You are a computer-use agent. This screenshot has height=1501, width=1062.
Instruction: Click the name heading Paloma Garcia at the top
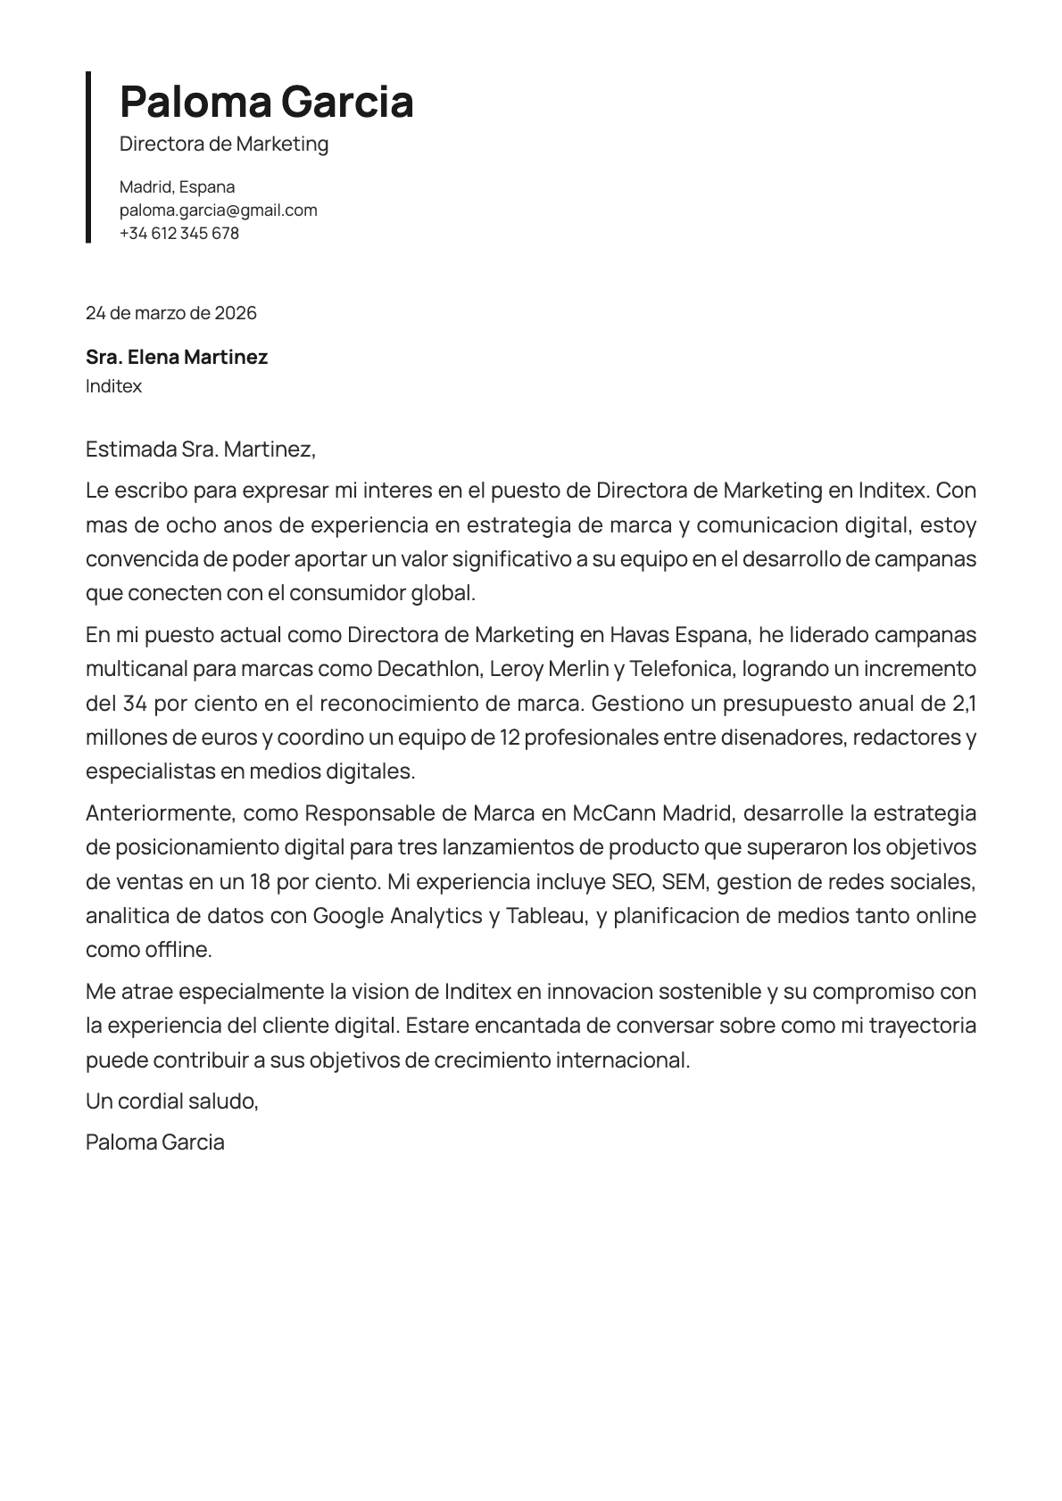pyautogui.click(x=266, y=102)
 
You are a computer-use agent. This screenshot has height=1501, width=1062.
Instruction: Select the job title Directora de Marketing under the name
pyautogui.click(x=224, y=144)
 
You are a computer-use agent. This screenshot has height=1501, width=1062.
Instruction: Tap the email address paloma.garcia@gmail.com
pyautogui.click(x=219, y=210)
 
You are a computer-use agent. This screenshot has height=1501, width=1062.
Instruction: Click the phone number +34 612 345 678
pyautogui.click(x=179, y=234)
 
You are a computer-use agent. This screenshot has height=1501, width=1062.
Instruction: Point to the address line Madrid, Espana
pyautogui.click(x=177, y=187)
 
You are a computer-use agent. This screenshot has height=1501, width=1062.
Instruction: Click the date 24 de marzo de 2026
pyautogui.click(x=170, y=313)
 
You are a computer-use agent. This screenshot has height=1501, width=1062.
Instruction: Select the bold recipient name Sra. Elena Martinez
pyautogui.click(x=177, y=358)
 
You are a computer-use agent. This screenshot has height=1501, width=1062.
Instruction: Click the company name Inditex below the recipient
pyautogui.click(x=113, y=386)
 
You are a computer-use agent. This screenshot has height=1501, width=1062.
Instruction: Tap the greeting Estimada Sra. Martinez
pyautogui.click(x=201, y=449)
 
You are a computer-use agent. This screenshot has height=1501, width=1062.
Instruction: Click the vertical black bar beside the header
pyautogui.click(x=88, y=157)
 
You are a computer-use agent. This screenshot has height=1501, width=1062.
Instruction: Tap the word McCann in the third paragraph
pyautogui.click(x=609, y=813)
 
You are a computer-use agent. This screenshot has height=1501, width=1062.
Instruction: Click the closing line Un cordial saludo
pyautogui.click(x=171, y=1101)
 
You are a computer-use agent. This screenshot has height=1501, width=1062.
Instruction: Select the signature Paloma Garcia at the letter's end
pyautogui.click(x=154, y=1142)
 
